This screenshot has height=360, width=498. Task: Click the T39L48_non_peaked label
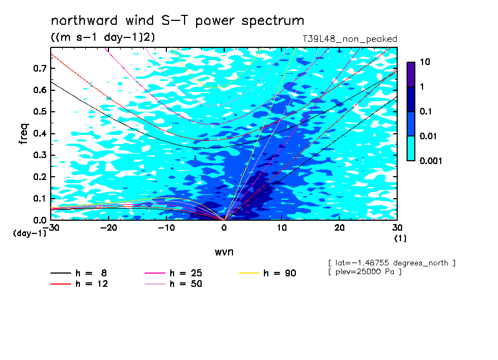click(x=350, y=39)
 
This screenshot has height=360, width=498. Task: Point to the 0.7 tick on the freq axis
click(x=40, y=68)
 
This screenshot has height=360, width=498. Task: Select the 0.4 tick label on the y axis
click(x=40, y=133)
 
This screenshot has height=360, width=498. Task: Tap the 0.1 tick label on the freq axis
click(x=40, y=198)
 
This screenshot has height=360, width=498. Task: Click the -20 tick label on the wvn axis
click(x=109, y=228)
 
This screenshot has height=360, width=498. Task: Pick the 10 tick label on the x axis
click(x=282, y=228)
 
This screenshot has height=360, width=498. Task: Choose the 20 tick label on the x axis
click(x=339, y=228)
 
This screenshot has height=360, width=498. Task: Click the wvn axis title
click(x=224, y=252)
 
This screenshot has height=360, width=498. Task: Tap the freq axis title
click(x=24, y=134)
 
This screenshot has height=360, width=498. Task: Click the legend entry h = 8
click(x=78, y=273)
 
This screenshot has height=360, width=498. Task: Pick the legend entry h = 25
click(x=173, y=273)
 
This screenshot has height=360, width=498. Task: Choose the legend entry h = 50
click(x=173, y=283)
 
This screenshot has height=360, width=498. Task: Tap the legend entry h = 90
click(x=267, y=273)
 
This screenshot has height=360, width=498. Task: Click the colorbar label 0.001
click(x=431, y=161)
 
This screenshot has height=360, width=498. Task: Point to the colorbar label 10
click(x=425, y=62)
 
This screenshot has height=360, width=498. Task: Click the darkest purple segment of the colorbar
click(x=411, y=74)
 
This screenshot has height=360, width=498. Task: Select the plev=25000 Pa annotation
click(x=365, y=272)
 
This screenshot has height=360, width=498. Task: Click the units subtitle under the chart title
click(x=103, y=37)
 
